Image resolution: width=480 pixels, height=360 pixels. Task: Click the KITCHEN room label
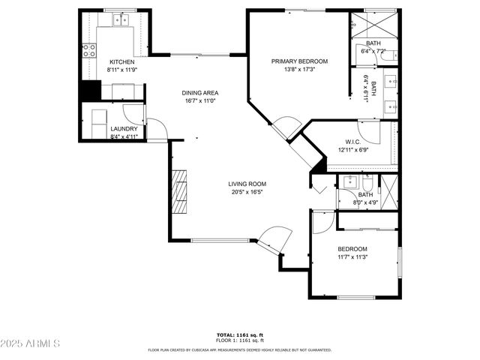point(121,61)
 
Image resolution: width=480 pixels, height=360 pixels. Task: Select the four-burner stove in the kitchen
point(88,50)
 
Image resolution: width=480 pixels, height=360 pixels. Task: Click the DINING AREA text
point(199,93)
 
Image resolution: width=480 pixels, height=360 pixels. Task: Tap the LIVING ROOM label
point(247,184)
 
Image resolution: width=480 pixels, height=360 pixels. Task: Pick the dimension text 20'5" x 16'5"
point(247,191)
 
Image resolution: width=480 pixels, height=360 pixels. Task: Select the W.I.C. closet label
point(354,142)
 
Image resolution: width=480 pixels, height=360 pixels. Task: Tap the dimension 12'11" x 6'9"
point(354,149)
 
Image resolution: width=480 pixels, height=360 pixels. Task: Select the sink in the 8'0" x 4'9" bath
point(349,181)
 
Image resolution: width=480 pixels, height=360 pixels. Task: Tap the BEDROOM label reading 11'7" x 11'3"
point(352,249)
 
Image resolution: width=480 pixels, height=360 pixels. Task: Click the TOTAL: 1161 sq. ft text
point(239,334)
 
